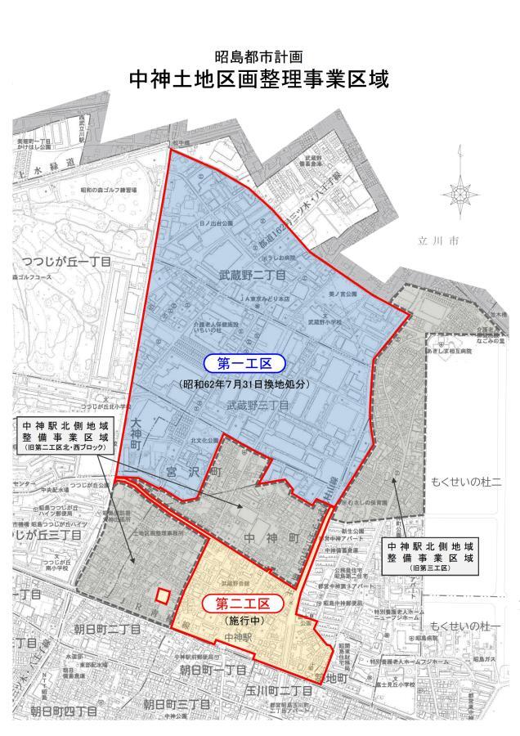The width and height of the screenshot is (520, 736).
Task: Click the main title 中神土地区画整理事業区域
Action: click(x=259, y=80)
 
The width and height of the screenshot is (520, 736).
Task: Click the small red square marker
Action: click(x=164, y=595)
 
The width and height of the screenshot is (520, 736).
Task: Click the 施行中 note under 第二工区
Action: click(x=240, y=622)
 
